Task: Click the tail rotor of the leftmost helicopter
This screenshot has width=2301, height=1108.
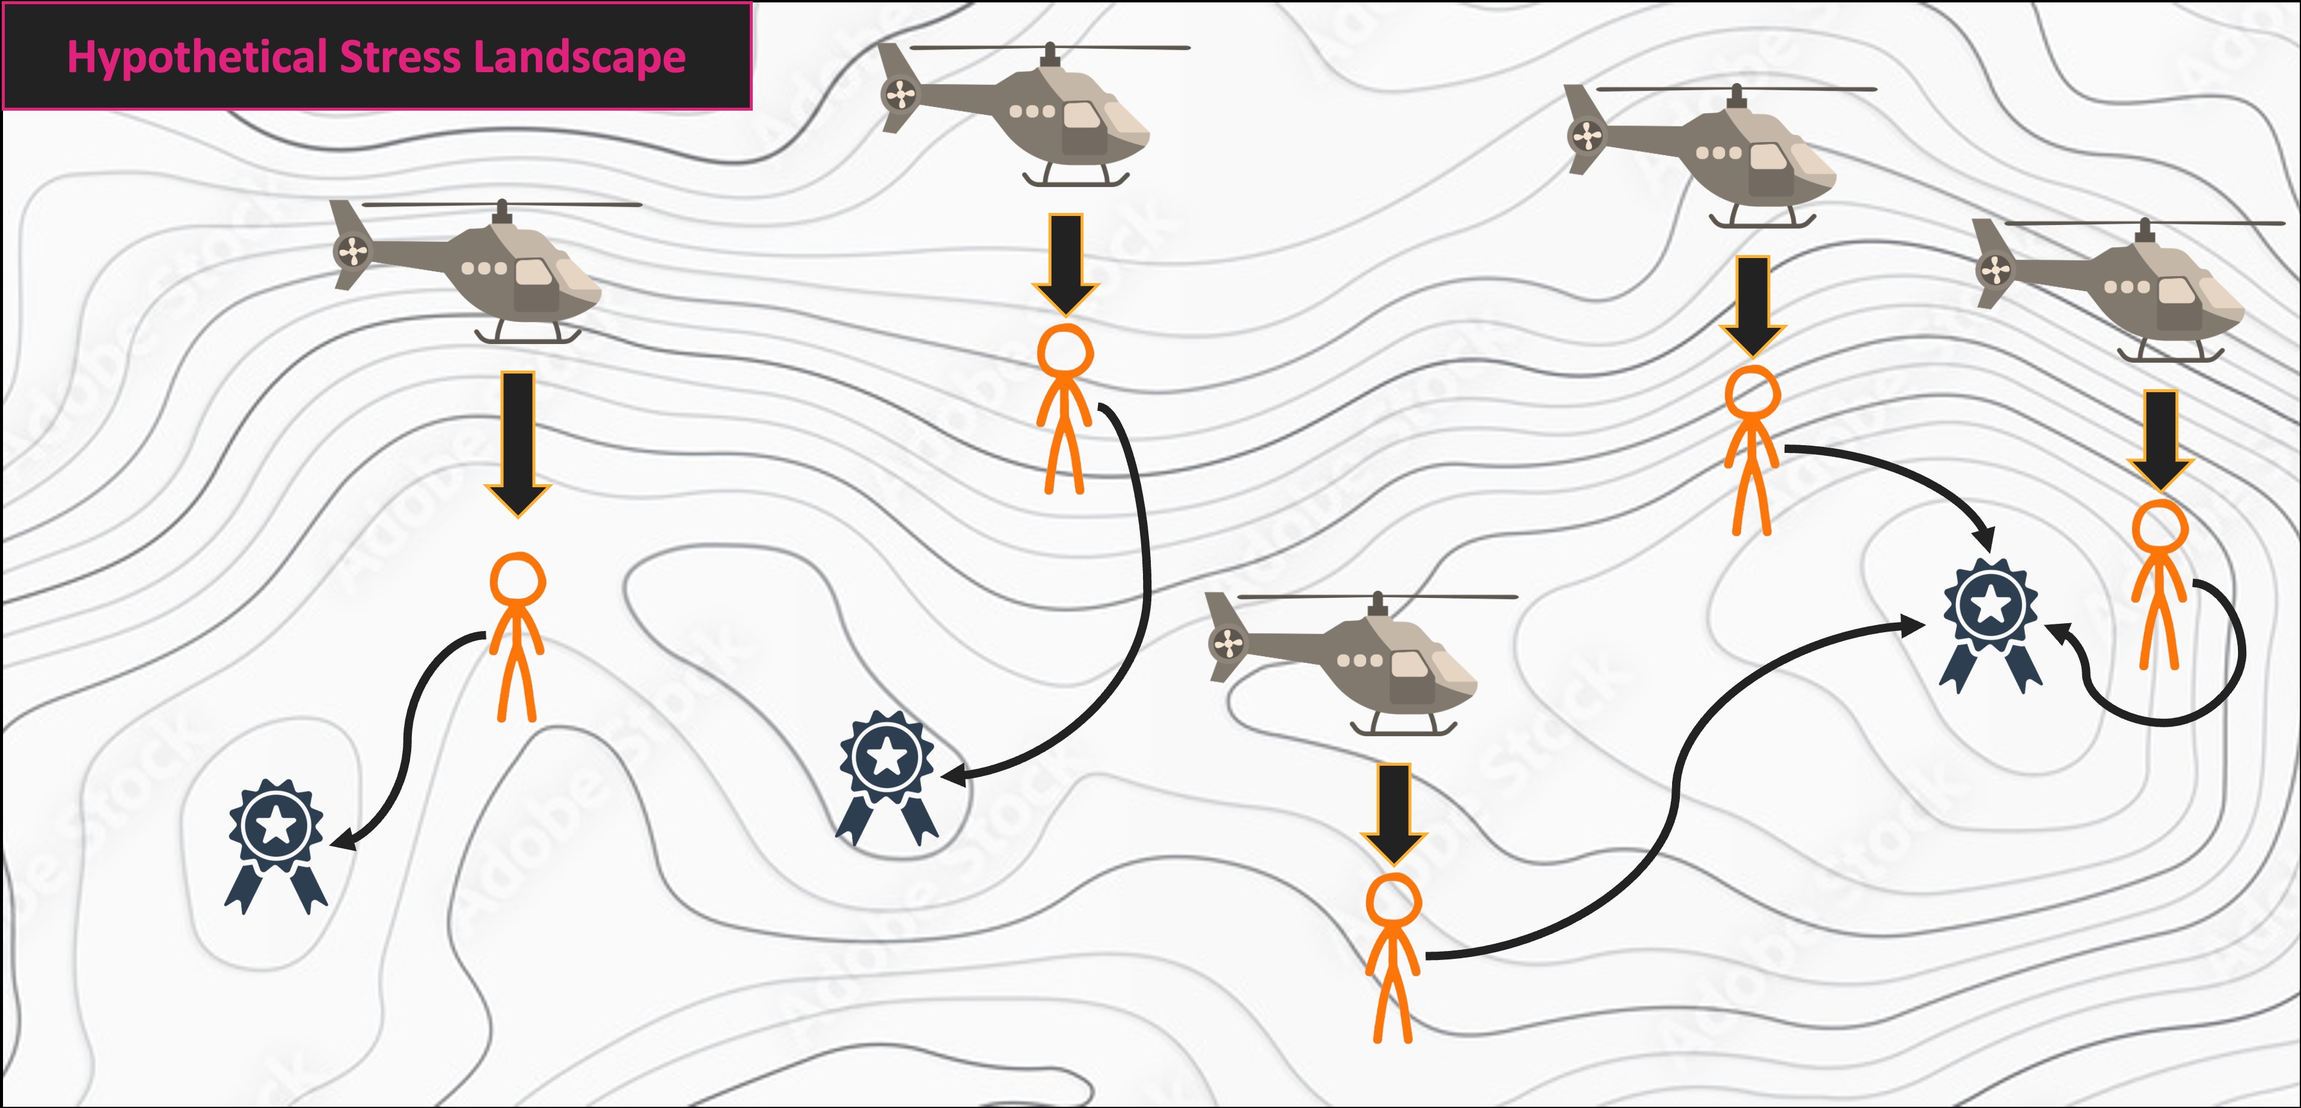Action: coord(352,251)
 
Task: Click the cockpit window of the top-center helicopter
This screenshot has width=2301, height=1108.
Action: coord(1083,116)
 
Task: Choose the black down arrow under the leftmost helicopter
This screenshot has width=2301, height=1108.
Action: coord(518,442)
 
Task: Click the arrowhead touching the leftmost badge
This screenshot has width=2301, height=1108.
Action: coord(344,841)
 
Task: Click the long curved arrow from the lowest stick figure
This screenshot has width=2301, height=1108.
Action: coord(1670,804)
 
